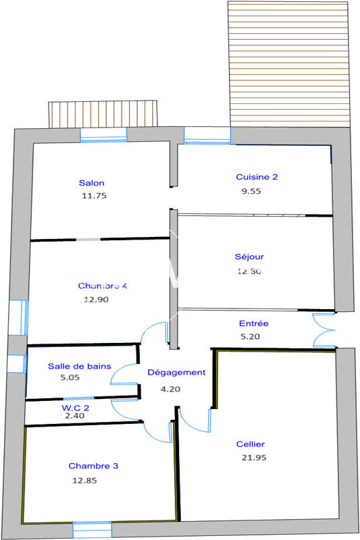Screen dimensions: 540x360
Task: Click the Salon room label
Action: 91,183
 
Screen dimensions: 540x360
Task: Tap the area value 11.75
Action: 94,196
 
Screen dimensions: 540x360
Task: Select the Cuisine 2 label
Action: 257,177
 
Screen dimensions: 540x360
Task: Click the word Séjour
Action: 249,256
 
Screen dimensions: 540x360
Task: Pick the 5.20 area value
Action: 250,336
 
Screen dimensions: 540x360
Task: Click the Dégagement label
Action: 176,372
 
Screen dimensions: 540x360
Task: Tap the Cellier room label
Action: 251,444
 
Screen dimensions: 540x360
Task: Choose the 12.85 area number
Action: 85,481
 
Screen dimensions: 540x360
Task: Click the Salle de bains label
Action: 79,366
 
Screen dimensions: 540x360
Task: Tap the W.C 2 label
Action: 76,408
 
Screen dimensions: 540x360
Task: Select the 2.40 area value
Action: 74,416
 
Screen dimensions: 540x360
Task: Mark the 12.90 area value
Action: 96,299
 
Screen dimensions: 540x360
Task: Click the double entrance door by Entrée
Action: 324,330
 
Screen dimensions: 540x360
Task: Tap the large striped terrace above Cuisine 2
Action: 290,63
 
